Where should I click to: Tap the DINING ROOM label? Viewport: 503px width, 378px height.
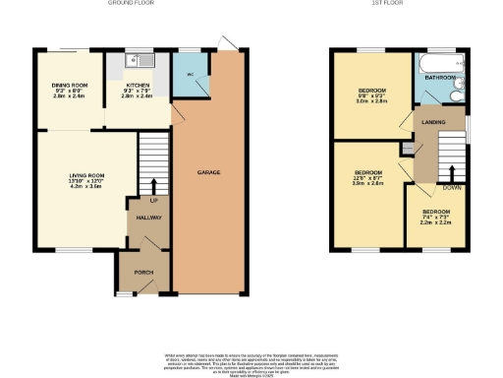coord(70,86)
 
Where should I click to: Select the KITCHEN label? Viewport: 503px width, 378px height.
coord(137,86)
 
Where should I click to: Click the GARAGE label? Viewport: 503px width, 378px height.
coord(207,172)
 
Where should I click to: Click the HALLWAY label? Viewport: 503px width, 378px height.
coord(148,218)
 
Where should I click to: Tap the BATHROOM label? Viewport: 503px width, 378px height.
coord(439,77)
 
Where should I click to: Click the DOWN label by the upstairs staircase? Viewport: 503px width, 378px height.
coord(451,187)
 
